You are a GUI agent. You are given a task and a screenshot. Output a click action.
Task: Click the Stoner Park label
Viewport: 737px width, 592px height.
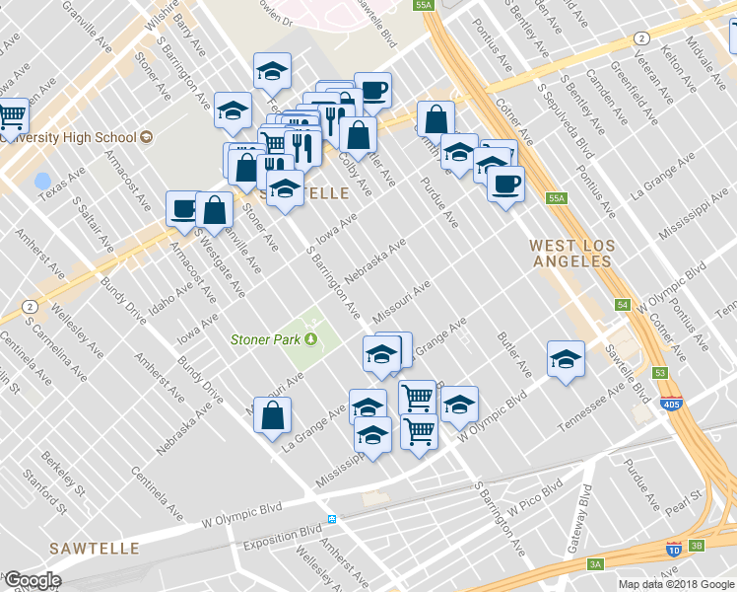click(265, 340)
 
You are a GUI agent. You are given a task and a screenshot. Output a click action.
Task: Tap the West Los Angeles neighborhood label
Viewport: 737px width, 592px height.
click(571, 254)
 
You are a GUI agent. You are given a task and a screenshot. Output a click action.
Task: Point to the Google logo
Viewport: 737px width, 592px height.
click(33, 581)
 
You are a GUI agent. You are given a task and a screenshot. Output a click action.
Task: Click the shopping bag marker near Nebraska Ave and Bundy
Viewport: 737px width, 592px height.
click(273, 413)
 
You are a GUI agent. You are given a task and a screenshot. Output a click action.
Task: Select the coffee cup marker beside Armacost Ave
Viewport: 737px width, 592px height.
click(183, 208)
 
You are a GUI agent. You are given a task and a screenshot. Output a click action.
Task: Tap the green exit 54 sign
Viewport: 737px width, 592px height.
click(623, 305)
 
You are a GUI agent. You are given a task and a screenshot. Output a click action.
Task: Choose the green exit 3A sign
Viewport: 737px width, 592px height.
click(595, 563)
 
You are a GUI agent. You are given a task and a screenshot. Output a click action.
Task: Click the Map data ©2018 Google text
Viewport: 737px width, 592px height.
click(676, 584)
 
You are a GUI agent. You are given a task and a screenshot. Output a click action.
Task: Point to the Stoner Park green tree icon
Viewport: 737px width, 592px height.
click(312, 340)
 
